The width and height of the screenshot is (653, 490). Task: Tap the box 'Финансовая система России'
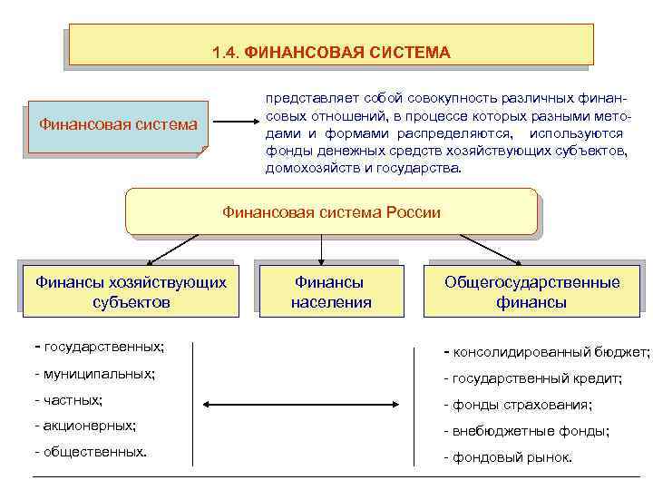[331, 212]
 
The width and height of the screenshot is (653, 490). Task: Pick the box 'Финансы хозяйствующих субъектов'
[131, 292]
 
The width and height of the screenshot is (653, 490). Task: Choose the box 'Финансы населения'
[331, 292]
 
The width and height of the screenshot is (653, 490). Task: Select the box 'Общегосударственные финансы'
[531, 292]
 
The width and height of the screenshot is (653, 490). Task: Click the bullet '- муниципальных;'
[93, 374]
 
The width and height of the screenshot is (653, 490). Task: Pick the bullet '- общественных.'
[90, 450]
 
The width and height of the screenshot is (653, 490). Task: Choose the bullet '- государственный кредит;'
[532, 378]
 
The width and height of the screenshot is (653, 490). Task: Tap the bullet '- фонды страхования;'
[517, 405]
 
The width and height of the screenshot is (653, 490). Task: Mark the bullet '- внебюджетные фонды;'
[526, 431]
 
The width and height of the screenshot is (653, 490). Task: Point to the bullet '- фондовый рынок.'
[508, 457]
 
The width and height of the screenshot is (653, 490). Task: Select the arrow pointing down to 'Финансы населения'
[320, 250]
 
